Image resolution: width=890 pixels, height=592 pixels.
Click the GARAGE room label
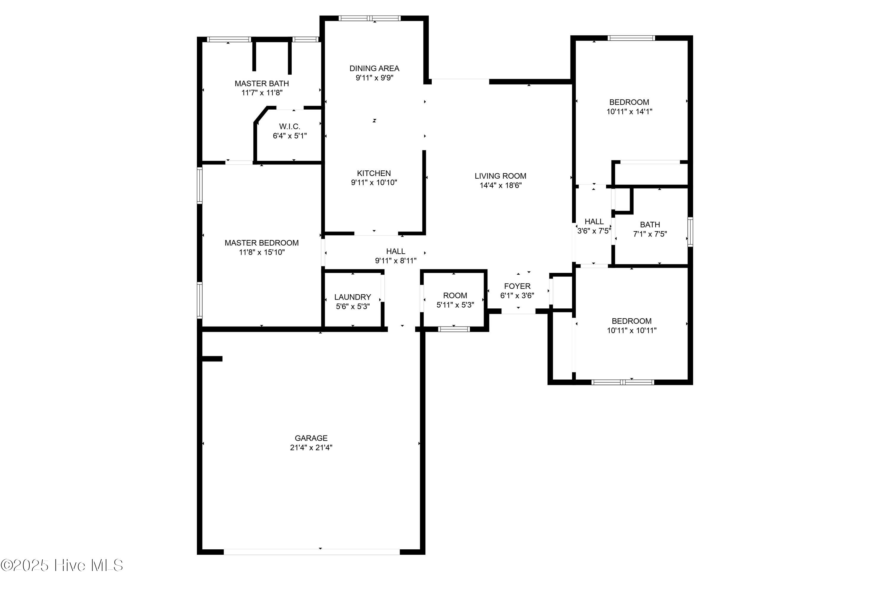click(x=311, y=438)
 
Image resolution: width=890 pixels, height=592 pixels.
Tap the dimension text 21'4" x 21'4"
click(x=311, y=447)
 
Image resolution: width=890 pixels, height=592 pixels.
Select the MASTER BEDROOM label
click(x=262, y=243)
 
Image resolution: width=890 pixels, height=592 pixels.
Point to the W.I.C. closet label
click(x=290, y=127)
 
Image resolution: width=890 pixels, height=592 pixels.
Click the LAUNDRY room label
click(x=352, y=297)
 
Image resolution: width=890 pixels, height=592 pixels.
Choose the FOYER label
click(x=517, y=286)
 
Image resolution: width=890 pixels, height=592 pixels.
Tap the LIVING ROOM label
click(x=500, y=176)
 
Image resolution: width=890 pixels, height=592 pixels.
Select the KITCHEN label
click(x=374, y=173)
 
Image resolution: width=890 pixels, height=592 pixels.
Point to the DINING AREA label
click(x=374, y=68)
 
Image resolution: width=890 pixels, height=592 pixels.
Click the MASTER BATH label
click(x=262, y=84)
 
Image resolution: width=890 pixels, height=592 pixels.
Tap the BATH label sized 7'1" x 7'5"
click(x=650, y=225)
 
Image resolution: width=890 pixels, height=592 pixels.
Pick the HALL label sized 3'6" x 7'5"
click(x=594, y=222)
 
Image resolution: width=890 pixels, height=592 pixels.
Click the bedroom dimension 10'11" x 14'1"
click(x=629, y=111)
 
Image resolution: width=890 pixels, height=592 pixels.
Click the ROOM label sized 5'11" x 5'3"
click(x=454, y=296)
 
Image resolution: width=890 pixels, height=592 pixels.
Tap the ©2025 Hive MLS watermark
click(x=62, y=565)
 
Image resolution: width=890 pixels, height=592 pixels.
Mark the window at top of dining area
click(x=369, y=18)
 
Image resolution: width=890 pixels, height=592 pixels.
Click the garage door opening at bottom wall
click(x=311, y=552)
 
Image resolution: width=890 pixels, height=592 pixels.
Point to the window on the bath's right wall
click(x=690, y=232)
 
